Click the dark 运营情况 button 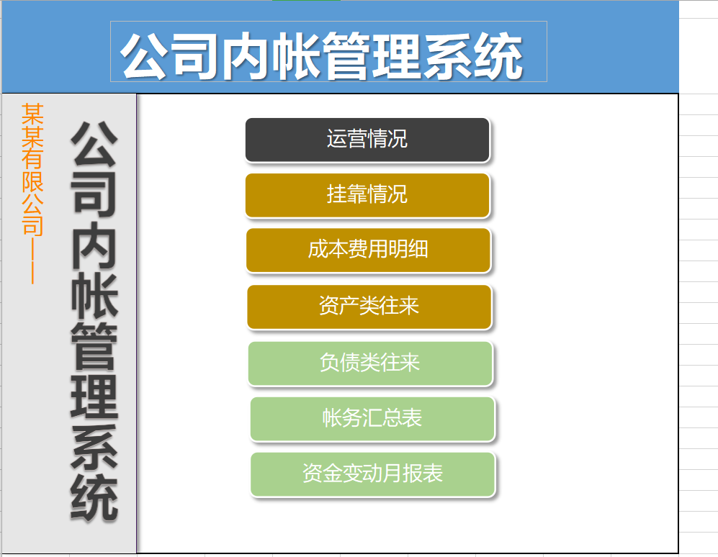click(367, 140)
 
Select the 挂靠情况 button click(367, 195)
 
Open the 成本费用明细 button click(368, 250)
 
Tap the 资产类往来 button click(369, 307)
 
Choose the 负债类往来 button click(369, 363)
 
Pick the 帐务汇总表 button click(372, 419)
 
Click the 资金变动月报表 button click(372, 474)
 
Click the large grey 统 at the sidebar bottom click(94, 498)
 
